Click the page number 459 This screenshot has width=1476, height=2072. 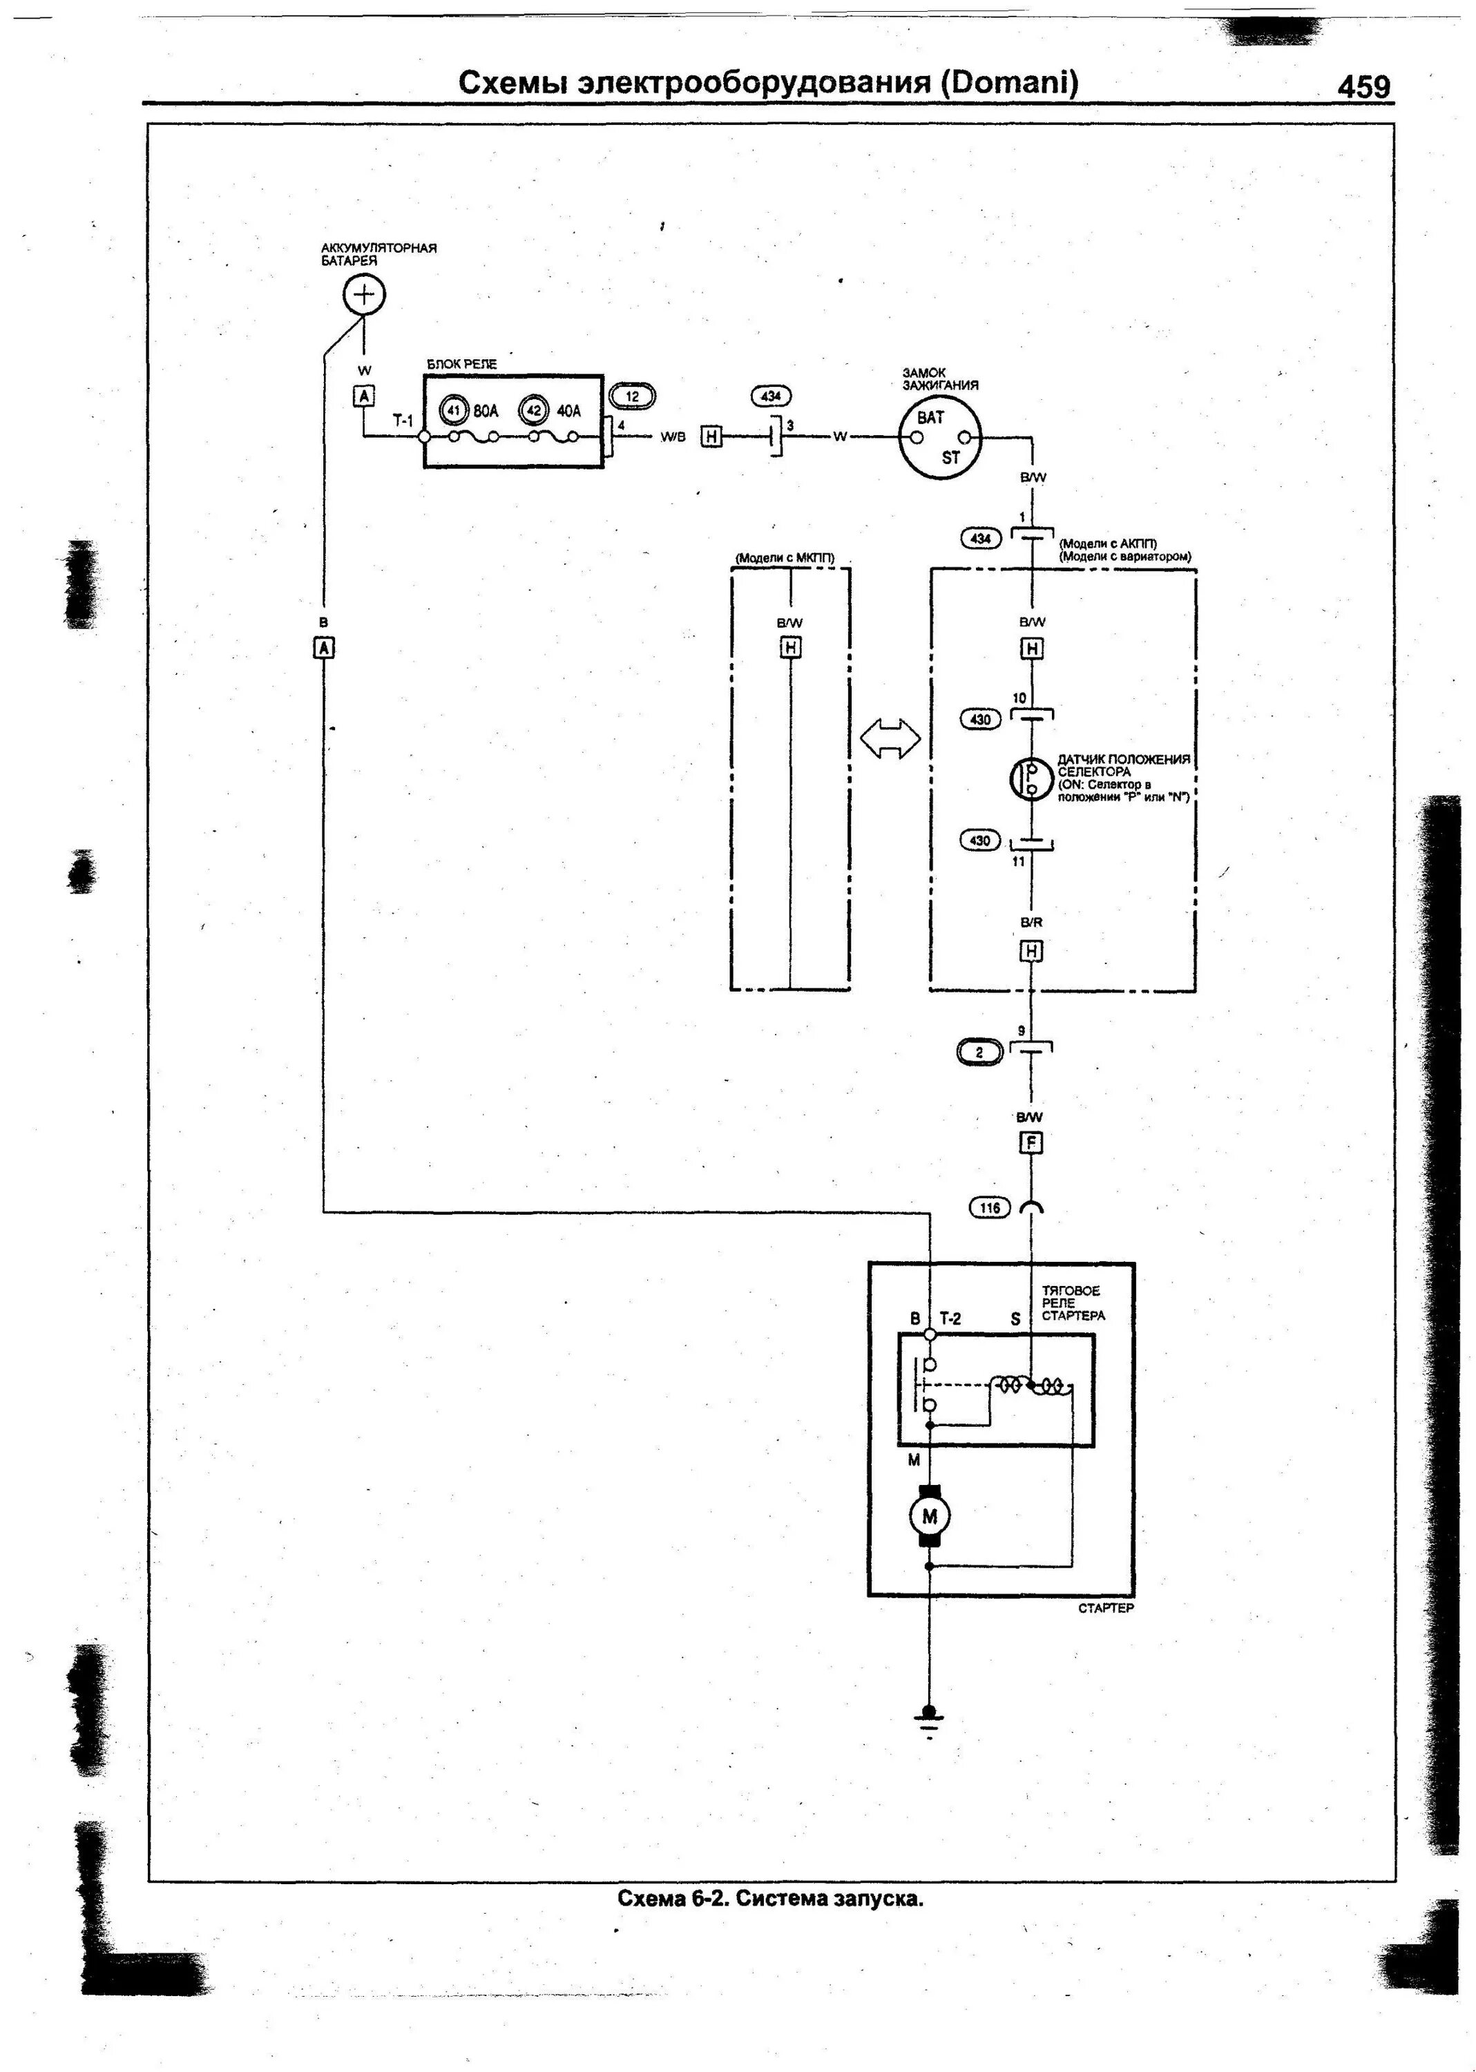click(1363, 86)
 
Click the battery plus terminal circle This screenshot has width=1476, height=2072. click(363, 294)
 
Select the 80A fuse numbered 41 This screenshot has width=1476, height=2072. click(452, 411)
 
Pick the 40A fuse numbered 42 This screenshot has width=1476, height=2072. click(533, 411)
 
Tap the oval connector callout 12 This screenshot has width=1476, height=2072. click(632, 396)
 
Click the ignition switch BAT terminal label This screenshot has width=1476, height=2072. click(930, 418)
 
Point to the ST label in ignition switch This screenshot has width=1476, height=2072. click(950, 457)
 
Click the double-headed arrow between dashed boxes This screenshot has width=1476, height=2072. click(890, 737)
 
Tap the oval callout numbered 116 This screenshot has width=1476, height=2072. click(990, 1208)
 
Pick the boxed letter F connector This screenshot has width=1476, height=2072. click(1031, 1143)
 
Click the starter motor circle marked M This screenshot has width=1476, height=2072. click(929, 1516)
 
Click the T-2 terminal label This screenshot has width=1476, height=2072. click(950, 1318)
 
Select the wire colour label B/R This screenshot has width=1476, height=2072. click(1031, 923)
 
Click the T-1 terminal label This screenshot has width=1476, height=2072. click(403, 421)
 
